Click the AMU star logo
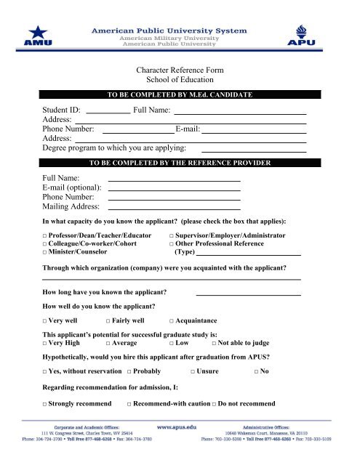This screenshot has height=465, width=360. coord(36,34)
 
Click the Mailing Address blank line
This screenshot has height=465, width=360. coord(175,209)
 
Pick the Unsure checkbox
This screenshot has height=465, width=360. coord(192,372)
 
